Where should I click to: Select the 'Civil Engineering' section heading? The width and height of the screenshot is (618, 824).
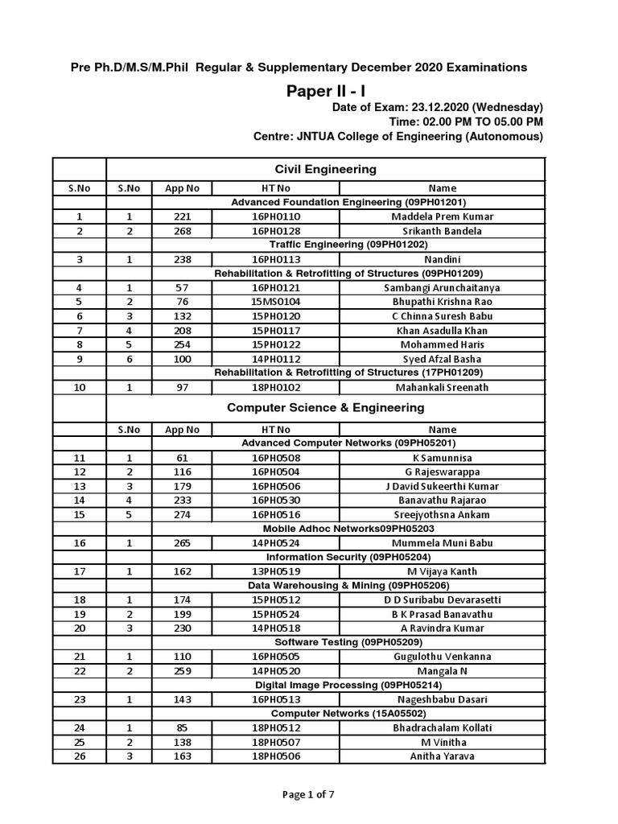click(325, 169)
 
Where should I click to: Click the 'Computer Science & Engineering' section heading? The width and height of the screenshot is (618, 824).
click(325, 407)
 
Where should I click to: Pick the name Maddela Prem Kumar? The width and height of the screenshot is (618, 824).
click(442, 216)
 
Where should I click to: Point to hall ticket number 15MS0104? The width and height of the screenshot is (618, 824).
click(274, 302)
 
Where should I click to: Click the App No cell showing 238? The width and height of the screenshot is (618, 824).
click(182, 259)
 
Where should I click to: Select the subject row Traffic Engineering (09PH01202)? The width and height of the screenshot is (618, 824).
click(325, 245)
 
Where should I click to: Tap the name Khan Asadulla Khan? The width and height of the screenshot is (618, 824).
click(442, 330)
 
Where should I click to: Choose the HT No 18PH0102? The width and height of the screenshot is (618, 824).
click(274, 387)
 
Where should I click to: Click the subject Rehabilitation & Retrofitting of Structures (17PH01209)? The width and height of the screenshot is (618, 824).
click(325, 373)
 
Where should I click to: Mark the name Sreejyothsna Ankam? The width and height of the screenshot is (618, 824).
click(442, 514)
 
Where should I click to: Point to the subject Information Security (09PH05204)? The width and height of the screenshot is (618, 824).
click(325, 557)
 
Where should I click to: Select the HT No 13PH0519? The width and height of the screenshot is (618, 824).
click(274, 571)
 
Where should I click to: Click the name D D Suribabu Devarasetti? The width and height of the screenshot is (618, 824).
click(442, 599)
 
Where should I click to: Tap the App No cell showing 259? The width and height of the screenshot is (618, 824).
click(182, 670)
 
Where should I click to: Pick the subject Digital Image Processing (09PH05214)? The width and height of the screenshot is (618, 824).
click(325, 685)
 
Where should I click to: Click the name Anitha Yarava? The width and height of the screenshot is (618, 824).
click(442, 756)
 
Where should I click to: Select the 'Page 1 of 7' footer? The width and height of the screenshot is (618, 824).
click(308, 794)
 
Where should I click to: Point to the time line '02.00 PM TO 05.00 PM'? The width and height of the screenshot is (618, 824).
click(466, 122)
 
